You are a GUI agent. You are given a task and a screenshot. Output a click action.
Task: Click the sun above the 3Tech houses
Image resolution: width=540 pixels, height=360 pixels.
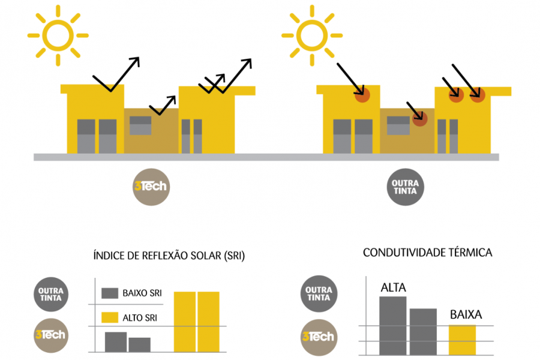[x=58, y=35]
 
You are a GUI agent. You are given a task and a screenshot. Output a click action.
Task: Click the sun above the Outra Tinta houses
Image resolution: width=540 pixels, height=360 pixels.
[x=312, y=35]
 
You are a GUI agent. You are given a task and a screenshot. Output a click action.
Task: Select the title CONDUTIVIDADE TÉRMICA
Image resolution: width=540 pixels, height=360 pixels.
[x=427, y=253]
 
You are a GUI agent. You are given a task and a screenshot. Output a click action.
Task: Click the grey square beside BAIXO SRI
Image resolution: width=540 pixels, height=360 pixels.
[x=109, y=293]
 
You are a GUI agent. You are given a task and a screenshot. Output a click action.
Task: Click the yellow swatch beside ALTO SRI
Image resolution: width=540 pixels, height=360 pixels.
[x=109, y=318]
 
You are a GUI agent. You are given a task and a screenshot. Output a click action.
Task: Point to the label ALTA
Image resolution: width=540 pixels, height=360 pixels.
[x=393, y=289]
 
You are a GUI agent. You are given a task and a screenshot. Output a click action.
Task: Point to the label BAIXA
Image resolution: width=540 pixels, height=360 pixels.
[x=466, y=314]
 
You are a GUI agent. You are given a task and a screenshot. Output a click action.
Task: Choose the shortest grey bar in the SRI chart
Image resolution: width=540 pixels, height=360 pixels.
[x=140, y=344]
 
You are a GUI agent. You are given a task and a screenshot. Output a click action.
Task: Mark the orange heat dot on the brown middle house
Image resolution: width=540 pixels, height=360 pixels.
[x=419, y=119]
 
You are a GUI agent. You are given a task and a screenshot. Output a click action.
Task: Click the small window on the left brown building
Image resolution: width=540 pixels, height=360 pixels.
[x=141, y=125]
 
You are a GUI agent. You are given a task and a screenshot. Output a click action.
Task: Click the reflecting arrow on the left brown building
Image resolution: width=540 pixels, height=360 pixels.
[x=164, y=106]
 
